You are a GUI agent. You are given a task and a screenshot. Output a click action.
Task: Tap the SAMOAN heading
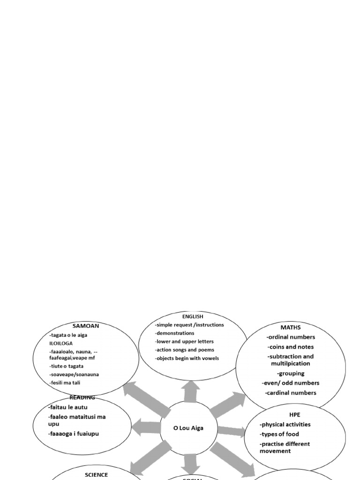click(86, 325)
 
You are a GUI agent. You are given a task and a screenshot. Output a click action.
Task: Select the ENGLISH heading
click(193, 316)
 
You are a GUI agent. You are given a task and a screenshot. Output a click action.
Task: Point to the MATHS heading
click(291, 327)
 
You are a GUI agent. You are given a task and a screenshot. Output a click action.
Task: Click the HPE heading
click(294, 414)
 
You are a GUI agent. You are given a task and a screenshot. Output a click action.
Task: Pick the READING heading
click(82, 397)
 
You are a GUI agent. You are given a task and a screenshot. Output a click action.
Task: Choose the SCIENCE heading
click(96, 475)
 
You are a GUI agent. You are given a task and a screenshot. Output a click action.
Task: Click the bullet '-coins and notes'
click(291, 347)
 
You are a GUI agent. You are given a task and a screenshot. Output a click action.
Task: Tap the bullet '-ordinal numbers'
click(291, 337)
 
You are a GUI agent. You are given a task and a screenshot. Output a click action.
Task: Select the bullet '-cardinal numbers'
click(291, 393)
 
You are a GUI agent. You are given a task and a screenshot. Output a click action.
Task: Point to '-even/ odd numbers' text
click(291, 383)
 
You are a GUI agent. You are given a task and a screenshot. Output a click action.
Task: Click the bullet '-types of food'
click(280, 434)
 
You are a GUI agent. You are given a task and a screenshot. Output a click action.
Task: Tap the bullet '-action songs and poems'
click(185, 350)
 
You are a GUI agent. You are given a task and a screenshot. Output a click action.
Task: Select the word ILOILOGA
click(61, 343)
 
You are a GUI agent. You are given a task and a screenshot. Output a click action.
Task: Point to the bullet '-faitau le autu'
click(68, 407)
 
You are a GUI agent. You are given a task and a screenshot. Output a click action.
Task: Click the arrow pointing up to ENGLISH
click(191, 391)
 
